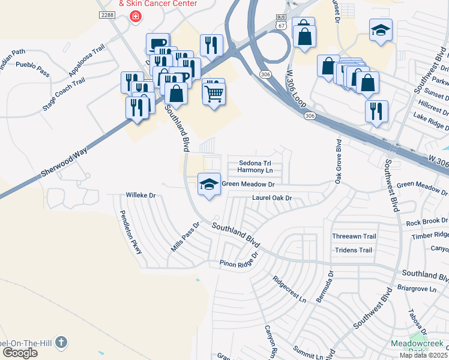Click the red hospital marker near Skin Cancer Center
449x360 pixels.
pos(136,16)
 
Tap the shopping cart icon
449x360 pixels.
pos(214,93)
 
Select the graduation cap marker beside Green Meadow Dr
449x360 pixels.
pos(209,185)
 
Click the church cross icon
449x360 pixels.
pos(61,343)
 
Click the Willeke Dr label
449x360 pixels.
pos(140,195)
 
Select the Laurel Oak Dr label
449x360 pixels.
pos(271,197)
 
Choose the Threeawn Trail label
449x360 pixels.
pos(354,236)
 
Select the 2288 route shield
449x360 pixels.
pos(107,15)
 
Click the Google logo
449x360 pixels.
pos(20,353)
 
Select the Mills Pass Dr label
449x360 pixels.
pos(184,238)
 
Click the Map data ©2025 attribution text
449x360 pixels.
pos(423,355)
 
